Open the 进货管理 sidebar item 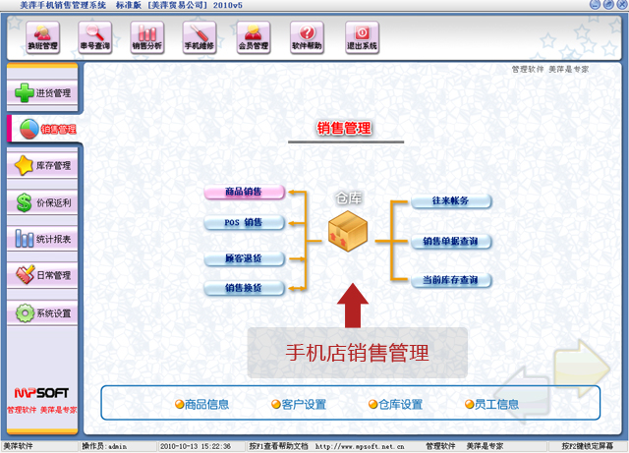41,93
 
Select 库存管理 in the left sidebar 41,166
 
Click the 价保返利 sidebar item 41,203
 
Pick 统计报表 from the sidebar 41,239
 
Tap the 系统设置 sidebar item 41,313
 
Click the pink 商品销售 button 244,192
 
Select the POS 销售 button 244,223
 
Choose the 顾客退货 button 244,259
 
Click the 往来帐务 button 451,201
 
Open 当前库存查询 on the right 451,280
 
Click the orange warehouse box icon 349,233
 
